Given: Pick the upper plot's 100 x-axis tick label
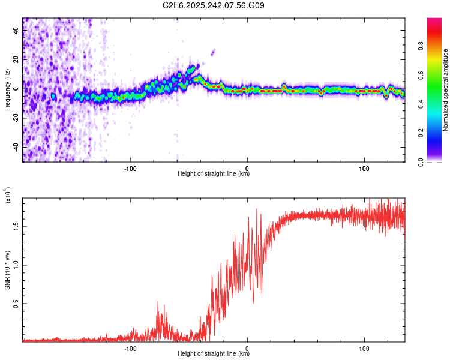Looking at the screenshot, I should (364, 167).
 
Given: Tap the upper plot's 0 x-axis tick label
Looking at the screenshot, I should (247, 167).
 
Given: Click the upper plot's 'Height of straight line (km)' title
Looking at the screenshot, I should (214, 174).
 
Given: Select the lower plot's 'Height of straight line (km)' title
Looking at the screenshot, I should (214, 354).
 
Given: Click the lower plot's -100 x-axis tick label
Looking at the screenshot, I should (130, 347).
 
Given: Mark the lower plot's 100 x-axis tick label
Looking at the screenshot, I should (364, 347).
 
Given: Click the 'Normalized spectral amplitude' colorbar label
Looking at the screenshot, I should (446, 90).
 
